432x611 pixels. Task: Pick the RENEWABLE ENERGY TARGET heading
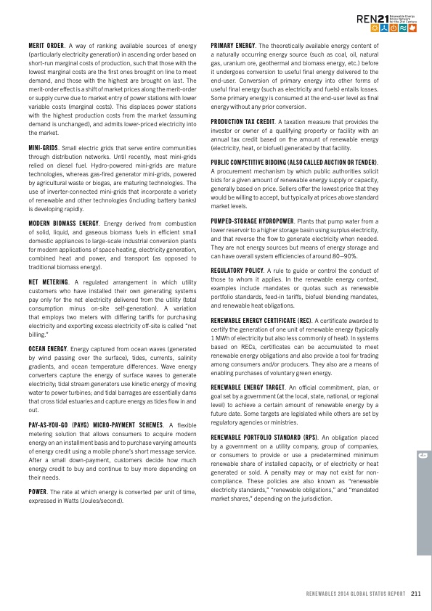coord(246,390)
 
